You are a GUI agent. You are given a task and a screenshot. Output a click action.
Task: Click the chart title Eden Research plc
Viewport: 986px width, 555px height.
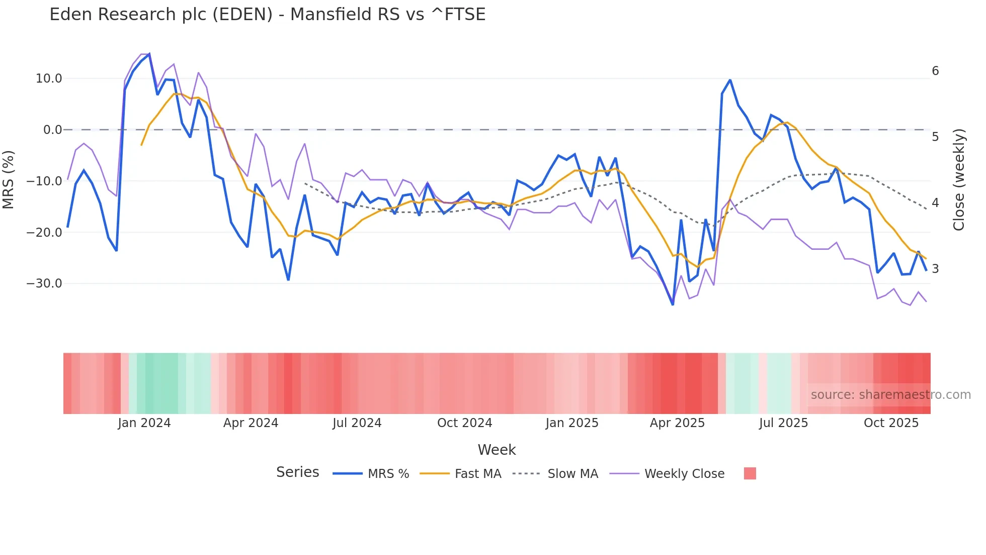tap(267, 15)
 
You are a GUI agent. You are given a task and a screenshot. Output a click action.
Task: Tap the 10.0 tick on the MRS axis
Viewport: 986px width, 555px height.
tap(49, 79)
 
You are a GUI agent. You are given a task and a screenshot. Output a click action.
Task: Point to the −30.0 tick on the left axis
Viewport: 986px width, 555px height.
tap(44, 284)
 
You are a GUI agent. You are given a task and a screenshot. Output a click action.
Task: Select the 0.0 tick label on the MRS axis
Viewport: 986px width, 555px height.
tap(52, 130)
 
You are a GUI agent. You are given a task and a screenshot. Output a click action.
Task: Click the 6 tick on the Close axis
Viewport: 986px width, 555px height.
tap(935, 71)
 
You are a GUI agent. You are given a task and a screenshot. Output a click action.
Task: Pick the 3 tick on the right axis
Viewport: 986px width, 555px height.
tap(935, 269)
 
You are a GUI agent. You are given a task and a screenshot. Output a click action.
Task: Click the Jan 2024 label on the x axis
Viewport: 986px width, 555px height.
tap(144, 423)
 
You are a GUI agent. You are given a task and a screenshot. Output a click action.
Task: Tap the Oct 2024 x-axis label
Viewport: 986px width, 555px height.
tap(464, 423)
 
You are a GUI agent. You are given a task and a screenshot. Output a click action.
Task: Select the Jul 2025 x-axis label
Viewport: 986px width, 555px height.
tap(783, 423)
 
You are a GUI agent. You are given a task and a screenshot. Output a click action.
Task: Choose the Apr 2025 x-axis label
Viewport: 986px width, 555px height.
tap(677, 423)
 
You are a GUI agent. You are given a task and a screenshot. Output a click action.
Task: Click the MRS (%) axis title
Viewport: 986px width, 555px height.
tap(9, 180)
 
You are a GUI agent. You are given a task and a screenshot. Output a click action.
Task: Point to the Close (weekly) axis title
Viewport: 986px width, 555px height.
tap(959, 180)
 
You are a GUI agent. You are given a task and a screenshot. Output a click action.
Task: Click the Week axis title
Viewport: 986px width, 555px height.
tap(497, 450)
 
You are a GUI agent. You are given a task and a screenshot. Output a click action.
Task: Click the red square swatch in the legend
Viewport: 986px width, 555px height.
tap(750, 473)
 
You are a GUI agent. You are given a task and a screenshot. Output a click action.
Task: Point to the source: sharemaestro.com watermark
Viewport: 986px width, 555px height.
tap(890, 395)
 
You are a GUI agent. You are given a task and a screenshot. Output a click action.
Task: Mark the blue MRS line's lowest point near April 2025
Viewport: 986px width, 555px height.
tap(673, 304)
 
